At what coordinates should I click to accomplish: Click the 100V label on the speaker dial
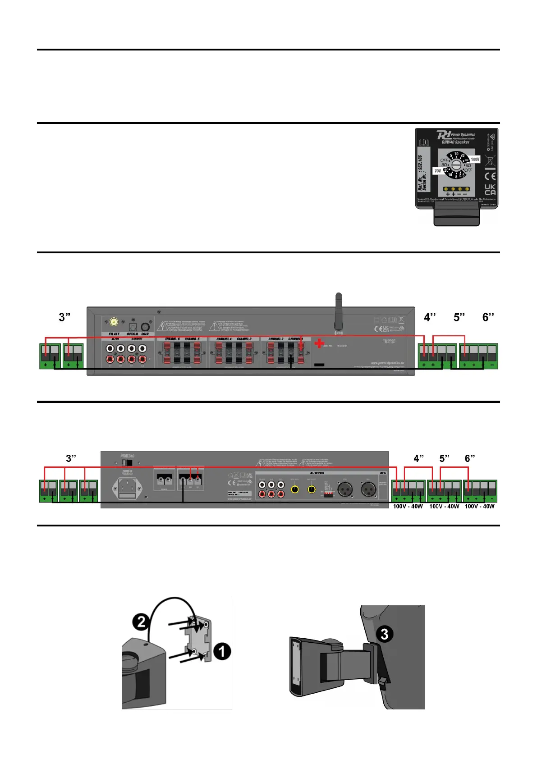tap(475, 159)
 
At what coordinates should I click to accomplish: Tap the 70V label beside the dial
tap(437, 171)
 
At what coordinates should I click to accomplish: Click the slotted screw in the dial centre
tap(456, 165)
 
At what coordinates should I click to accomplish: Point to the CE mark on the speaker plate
tap(490, 176)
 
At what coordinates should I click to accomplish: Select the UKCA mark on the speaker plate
tap(490, 189)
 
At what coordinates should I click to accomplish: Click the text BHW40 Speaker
tap(455, 142)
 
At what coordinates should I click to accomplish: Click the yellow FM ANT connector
tap(114, 322)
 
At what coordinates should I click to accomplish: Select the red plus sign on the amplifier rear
tap(319, 343)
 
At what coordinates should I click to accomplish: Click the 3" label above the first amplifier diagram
tap(64, 317)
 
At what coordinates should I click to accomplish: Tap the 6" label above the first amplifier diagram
tap(488, 317)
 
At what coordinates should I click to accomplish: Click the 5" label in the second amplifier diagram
tap(445, 458)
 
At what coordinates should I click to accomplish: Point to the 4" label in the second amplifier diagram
tap(419, 458)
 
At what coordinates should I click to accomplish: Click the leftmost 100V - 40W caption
tap(408, 506)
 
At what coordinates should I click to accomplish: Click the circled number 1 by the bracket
tap(221, 651)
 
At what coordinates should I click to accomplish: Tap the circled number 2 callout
tap(141, 622)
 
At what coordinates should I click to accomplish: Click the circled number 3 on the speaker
tap(384, 634)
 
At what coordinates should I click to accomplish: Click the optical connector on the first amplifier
tap(133, 327)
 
